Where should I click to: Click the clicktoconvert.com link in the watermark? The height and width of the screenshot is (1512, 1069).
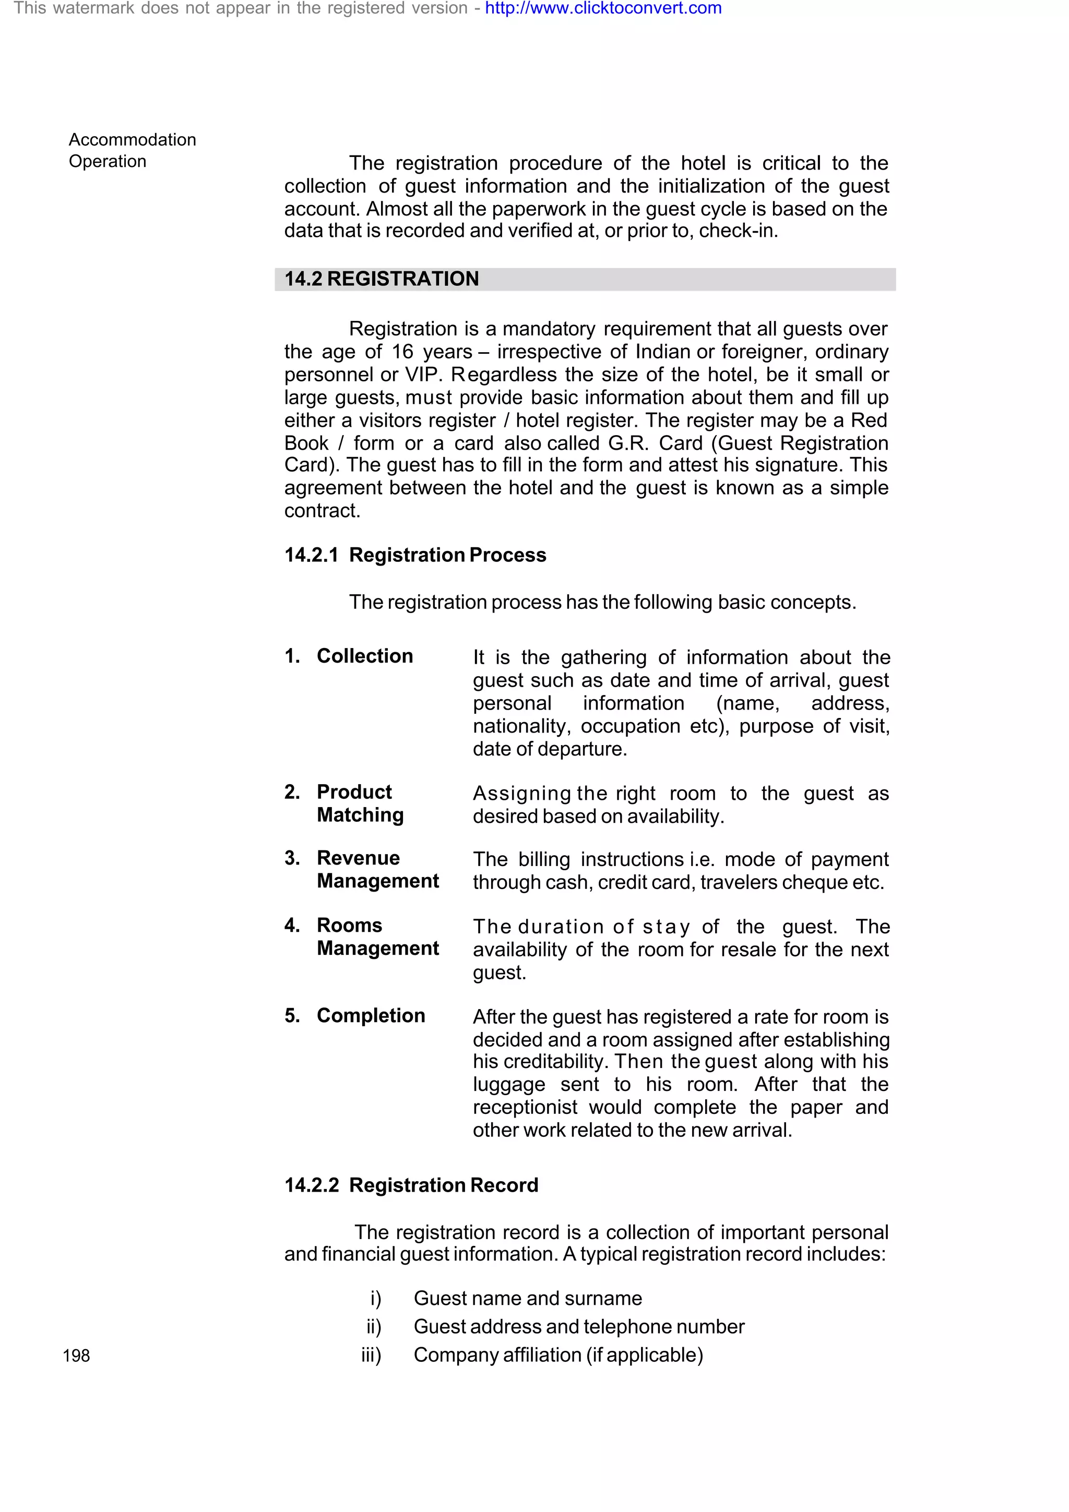[x=603, y=8]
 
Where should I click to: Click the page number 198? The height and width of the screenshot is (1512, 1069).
[x=76, y=1355]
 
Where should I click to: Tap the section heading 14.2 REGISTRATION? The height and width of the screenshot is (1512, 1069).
[x=382, y=279]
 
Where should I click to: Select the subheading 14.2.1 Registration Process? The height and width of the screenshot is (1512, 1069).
[x=415, y=555]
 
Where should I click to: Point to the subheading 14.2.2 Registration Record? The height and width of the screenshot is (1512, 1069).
[x=411, y=1185]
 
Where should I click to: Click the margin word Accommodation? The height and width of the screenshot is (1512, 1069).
[x=133, y=140]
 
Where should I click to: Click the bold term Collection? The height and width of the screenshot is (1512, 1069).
[x=364, y=656]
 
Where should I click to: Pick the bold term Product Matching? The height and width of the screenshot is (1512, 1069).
[x=360, y=803]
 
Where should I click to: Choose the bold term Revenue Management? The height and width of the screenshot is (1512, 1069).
[x=377, y=869]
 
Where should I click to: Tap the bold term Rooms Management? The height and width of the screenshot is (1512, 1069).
[x=377, y=937]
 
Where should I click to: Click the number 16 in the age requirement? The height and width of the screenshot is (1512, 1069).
[x=402, y=352]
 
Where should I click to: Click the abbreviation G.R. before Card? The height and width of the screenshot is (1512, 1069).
[x=628, y=443]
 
